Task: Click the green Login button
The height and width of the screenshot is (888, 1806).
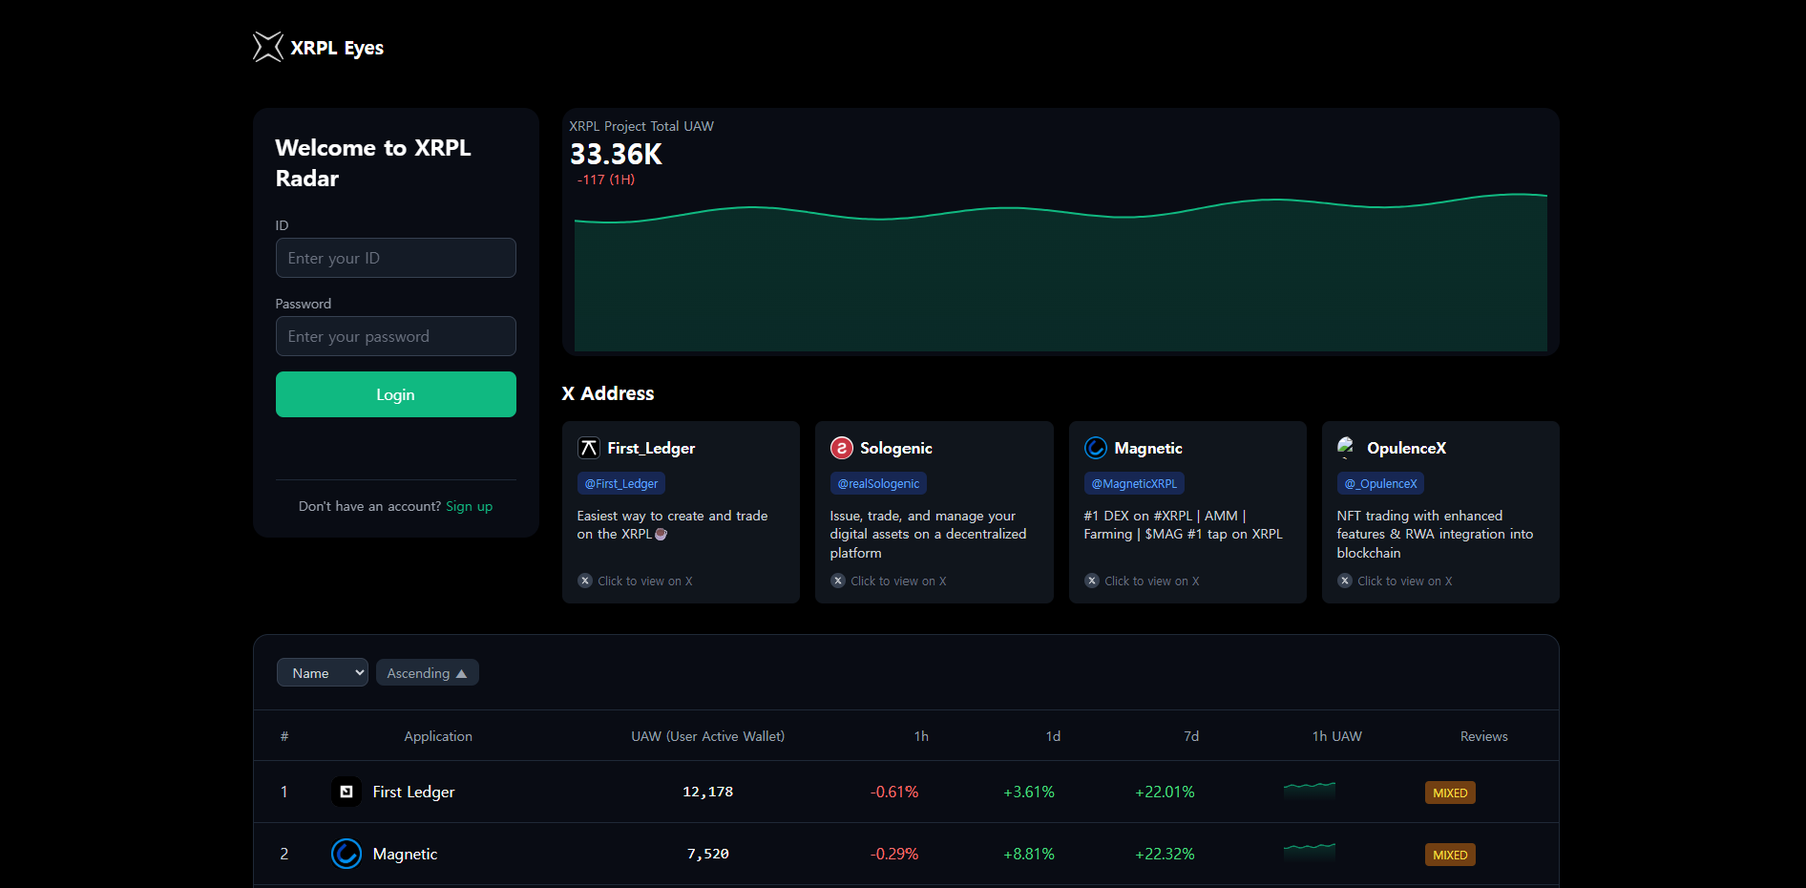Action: point(395,394)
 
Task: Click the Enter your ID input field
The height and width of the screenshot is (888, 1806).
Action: point(395,258)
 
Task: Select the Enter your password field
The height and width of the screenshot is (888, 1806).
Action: point(395,336)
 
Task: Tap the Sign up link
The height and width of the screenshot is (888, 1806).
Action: point(469,506)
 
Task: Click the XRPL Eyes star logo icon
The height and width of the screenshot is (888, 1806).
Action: point(268,47)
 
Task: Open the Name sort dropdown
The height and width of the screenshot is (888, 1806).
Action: point(323,673)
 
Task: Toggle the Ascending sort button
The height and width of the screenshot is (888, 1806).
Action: point(427,673)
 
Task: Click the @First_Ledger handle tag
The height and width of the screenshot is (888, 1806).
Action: point(620,484)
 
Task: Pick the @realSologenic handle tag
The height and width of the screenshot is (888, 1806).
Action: point(878,484)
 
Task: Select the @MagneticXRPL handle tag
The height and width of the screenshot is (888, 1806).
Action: point(1134,484)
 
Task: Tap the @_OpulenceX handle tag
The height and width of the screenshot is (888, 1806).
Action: point(1380,484)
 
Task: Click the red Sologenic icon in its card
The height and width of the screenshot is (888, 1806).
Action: point(841,448)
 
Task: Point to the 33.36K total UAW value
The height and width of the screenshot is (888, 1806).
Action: point(616,155)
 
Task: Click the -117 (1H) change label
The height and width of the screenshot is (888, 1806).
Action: point(606,180)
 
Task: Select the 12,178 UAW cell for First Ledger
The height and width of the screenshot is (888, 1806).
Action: point(707,792)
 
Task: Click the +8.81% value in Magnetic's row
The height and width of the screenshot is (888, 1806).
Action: point(1029,854)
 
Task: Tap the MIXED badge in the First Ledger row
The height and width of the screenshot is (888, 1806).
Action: point(1450,793)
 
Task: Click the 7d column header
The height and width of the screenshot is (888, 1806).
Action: point(1191,736)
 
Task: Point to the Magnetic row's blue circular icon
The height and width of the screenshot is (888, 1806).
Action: point(346,854)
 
